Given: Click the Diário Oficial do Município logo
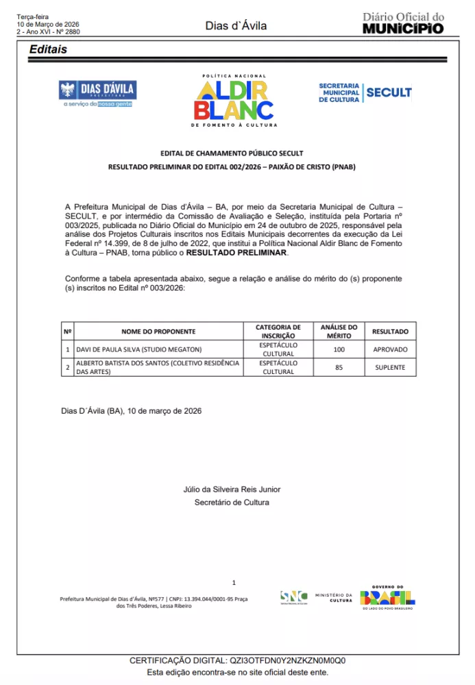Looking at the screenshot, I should click(403, 23).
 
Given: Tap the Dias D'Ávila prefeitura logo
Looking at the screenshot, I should click(97, 93).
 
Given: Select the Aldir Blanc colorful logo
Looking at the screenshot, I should click(234, 101).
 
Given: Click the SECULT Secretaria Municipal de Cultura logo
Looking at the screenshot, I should click(365, 92).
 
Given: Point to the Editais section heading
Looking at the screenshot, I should click(48, 49).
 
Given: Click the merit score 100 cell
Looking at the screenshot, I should click(339, 349).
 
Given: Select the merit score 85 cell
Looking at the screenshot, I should click(339, 367).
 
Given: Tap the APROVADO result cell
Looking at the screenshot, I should click(390, 349).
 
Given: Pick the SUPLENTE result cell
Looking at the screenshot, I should click(390, 367).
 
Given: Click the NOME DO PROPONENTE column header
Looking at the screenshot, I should click(158, 332).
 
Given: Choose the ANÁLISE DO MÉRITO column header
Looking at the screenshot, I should click(339, 332).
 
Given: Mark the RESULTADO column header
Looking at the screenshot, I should click(390, 332).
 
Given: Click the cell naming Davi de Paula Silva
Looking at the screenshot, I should click(125, 349).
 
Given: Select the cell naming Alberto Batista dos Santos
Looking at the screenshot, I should click(158, 367).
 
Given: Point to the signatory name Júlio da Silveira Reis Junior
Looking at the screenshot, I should click(232, 489).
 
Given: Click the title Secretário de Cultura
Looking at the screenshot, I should click(232, 502).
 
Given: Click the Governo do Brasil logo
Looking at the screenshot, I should click(388, 597).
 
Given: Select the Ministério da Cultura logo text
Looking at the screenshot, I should click(334, 597).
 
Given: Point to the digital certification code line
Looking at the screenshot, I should click(238, 660).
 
